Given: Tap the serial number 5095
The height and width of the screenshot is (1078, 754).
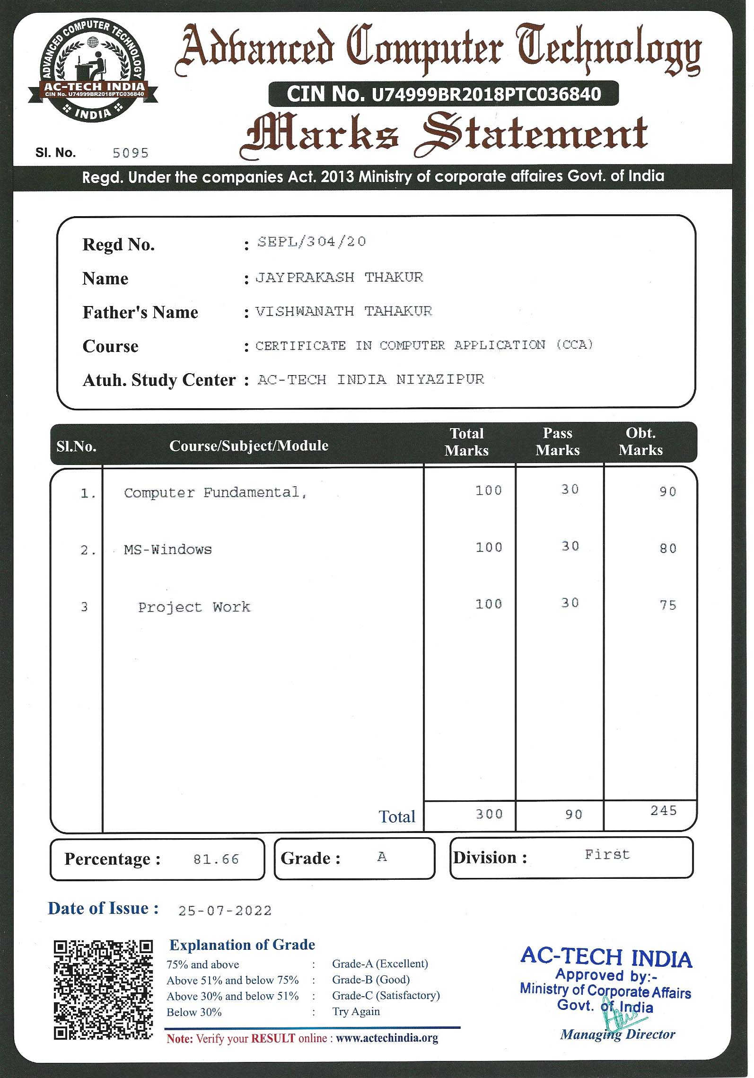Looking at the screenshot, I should click(x=131, y=153).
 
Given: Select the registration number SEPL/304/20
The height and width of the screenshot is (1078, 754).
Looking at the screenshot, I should click(x=312, y=242).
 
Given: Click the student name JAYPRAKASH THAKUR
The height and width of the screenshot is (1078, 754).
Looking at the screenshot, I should click(x=339, y=277).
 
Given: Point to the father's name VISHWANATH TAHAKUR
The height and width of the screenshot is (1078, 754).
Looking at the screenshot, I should click(x=344, y=311).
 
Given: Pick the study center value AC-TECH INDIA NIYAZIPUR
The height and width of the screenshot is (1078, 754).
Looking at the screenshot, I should click(x=371, y=379).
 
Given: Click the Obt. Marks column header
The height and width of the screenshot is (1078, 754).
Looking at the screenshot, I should click(x=640, y=441).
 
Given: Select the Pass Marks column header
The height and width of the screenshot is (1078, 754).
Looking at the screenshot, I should click(x=558, y=441).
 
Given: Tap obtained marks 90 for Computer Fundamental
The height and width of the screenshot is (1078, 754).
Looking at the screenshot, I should click(x=668, y=492).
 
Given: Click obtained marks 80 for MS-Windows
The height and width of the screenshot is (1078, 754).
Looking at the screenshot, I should click(x=668, y=549).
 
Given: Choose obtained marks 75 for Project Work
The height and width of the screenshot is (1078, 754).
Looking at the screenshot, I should click(x=668, y=605).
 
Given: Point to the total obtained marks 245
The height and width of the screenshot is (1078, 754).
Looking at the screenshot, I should click(x=663, y=811).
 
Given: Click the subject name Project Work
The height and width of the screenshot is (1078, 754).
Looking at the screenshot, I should click(x=194, y=607).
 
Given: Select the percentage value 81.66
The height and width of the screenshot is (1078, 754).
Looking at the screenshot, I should click(x=216, y=859).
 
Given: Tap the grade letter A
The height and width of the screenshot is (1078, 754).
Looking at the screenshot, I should click(x=382, y=857).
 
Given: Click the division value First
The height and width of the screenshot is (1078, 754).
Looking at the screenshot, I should click(x=607, y=854).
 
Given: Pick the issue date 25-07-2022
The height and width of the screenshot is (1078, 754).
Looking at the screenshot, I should click(x=225, y=911).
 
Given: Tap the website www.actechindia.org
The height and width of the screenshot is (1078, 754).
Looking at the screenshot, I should click(x=387, y=1038).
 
